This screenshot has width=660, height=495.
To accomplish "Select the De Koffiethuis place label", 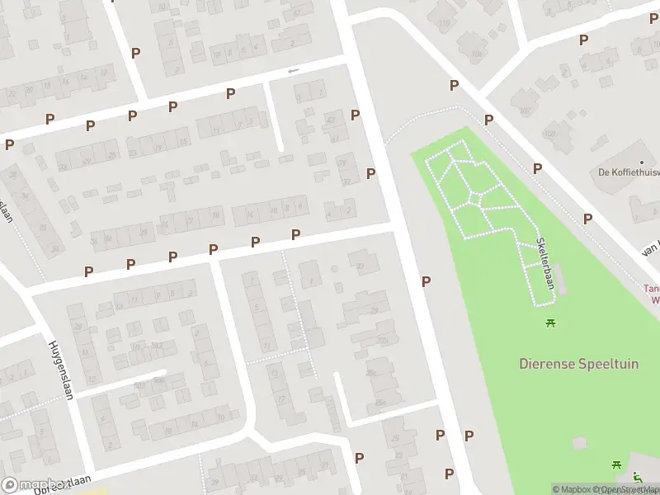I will tap(629, 172).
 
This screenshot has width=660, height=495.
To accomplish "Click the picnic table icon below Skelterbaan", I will tap(550, 323).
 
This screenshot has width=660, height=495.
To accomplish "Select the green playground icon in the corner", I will tap(637, 476).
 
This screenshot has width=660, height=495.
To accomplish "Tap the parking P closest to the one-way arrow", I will tap(231, 93).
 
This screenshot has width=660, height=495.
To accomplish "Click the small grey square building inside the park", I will tap(580, 443).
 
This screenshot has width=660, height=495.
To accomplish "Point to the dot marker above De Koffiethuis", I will tap(641, 163).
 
